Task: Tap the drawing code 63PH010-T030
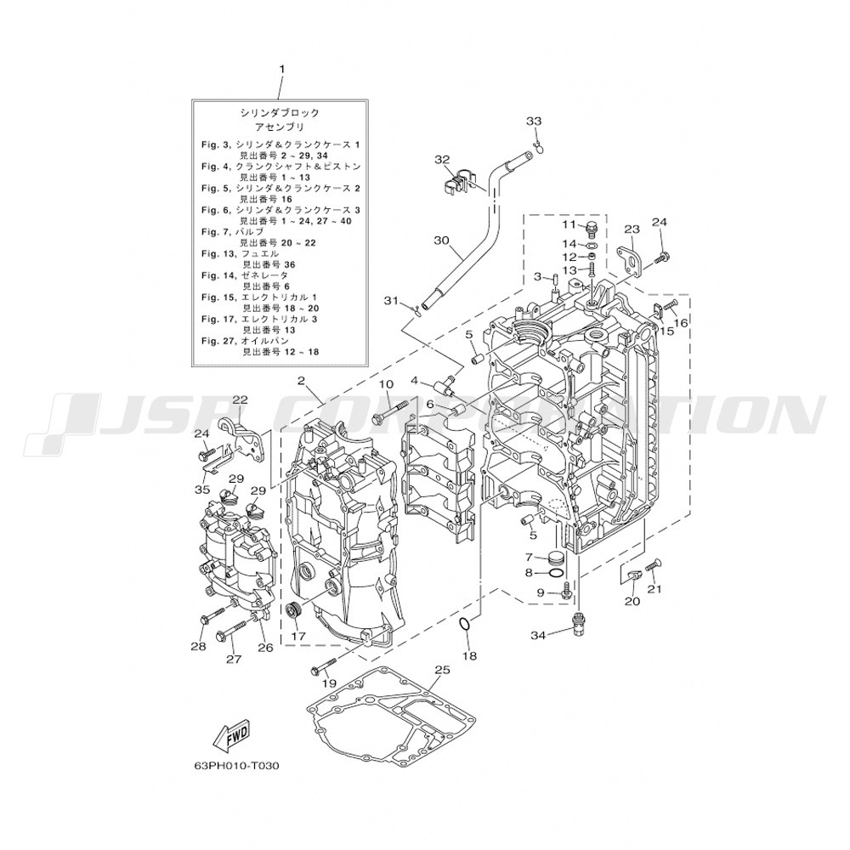239,767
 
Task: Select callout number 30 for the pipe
442,240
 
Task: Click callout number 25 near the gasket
442,670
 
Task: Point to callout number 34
538,635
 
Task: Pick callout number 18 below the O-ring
469,656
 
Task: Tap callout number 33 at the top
534,121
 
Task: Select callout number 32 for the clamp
442,160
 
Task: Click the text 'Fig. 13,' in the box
217,253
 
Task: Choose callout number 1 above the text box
281,70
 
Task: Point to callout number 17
298,636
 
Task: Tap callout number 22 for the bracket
241,400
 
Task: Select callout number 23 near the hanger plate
632,229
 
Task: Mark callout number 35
202,490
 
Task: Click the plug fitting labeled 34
580,622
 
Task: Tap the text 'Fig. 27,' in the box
217,341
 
